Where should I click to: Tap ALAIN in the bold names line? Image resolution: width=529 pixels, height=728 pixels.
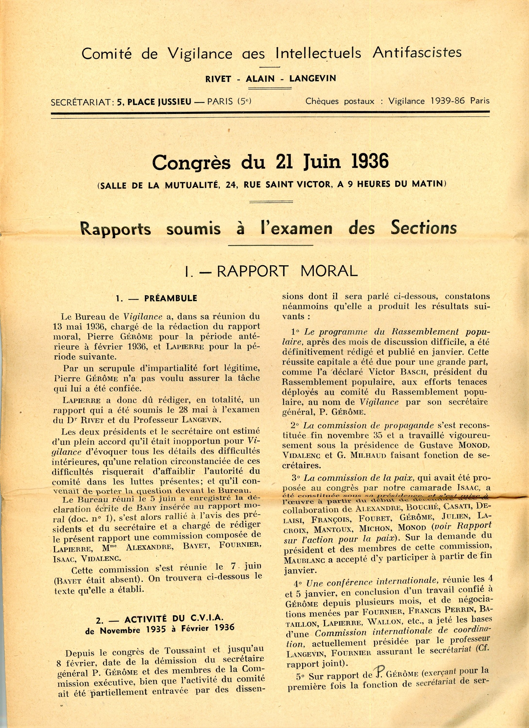click(260, 79)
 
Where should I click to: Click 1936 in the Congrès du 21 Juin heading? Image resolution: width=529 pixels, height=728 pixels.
click(370, 162)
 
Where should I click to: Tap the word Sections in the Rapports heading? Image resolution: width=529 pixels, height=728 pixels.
click(423, 228)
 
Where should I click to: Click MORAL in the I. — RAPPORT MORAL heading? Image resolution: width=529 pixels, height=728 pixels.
click(329, 271)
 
